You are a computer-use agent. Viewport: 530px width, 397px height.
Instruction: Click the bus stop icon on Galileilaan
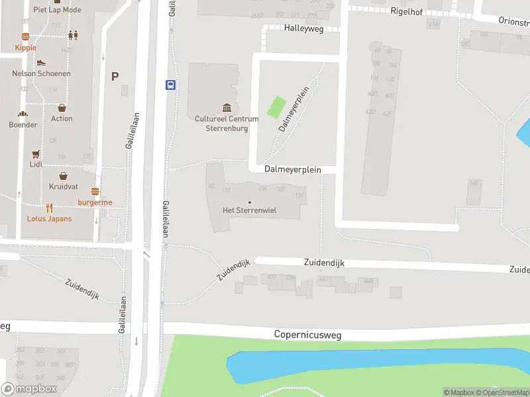tap(170, 84)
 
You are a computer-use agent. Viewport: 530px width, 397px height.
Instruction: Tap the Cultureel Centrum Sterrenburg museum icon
tap(227, 108)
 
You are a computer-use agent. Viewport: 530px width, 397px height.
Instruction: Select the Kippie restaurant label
tap(26, 48)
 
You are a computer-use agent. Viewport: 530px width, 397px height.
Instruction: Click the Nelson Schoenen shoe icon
tap(41, 63)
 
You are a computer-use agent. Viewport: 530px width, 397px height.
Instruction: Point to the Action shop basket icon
tap(62, 108)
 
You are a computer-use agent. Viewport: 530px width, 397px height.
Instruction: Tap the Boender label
tap(23, 124)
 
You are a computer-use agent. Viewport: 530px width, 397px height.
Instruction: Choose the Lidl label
tap(36, 164)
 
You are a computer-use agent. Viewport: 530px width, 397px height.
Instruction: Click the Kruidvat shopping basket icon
tap(63, 176)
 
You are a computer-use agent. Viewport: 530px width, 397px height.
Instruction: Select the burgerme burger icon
tap(95, 192)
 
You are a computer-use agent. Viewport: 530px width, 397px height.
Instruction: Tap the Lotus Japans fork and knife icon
tap(49, 208)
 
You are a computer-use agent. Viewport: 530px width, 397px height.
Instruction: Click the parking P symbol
tap(115, 77)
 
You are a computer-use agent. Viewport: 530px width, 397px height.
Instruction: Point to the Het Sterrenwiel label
tap(249, 210)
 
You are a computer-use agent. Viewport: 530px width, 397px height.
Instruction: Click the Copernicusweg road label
tap(307, 335)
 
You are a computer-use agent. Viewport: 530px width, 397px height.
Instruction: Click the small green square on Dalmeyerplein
tap(276, 107)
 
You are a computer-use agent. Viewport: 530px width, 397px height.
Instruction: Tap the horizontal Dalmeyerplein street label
tap(292, 169)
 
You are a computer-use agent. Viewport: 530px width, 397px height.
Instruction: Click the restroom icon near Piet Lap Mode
tap(72, 36)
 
